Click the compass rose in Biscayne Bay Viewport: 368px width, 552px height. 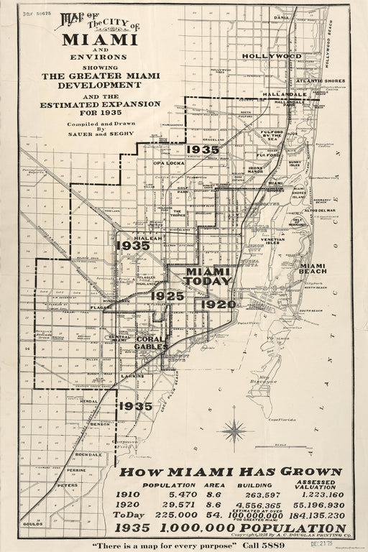[234, 431]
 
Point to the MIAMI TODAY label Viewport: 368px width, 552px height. [208, 277]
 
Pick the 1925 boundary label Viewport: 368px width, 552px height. [167, 295]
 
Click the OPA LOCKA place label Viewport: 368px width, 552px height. [170, 163]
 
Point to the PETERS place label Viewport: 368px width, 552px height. [68, 486]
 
